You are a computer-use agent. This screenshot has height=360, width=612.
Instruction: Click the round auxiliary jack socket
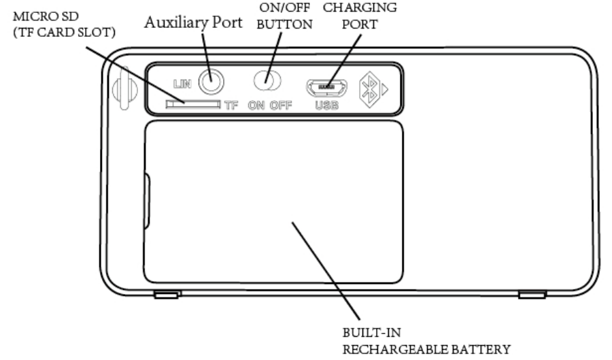[x=211, y=80]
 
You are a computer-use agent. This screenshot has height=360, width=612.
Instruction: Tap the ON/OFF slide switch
[x=267, y=81]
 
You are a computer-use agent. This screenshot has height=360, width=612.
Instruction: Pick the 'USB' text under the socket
[x=327, y=106]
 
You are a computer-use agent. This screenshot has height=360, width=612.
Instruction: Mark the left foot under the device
[x=165, y=295]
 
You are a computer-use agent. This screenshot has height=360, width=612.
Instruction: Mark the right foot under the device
[x=532, y=295]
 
